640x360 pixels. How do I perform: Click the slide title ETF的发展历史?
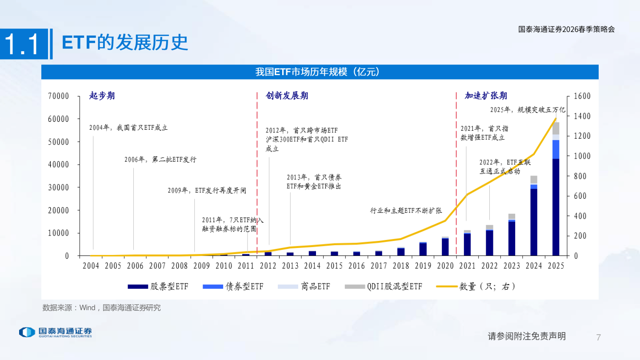[x=125, y=43]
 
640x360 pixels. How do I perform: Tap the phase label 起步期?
[x=102, y=96]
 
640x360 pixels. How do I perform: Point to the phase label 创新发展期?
[x=287, y=96]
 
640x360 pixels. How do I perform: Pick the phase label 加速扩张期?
[x=486, y=96]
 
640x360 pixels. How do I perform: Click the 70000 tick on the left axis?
[x=58, y=96]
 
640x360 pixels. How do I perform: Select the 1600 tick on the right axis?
[x=582, y=96]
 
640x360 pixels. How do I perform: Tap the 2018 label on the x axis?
[x=400, y=266]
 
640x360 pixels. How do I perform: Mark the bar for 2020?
[x=445, y=247]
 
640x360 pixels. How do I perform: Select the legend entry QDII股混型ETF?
[x=384, y=287]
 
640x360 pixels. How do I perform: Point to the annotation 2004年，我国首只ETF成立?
[x=128, y=128]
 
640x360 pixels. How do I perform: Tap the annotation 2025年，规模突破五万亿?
[x=527, y=109]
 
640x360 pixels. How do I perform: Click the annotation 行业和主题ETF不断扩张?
[x=406, y=211]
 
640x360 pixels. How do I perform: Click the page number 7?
[x=598, y=336]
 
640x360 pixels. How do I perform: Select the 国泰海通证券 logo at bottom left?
[x=55, y=332]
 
